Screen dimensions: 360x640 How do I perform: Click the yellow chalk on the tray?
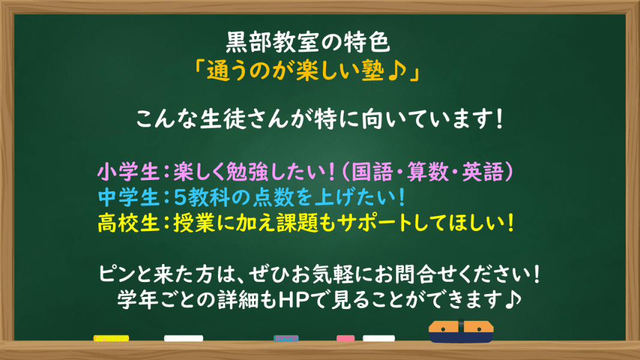(x=111, y=338)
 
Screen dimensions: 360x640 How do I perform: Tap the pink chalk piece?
(x=345, y=338)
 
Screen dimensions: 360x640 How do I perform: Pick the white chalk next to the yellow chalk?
(x=183, y=338)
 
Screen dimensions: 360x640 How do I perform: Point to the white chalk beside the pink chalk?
(x=379, y=338)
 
